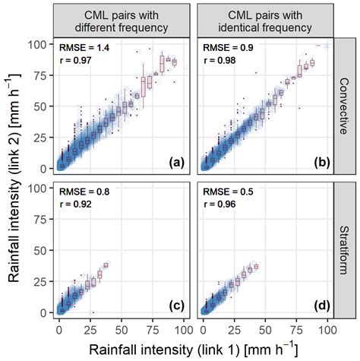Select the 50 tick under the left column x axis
(x=121, y=331)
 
